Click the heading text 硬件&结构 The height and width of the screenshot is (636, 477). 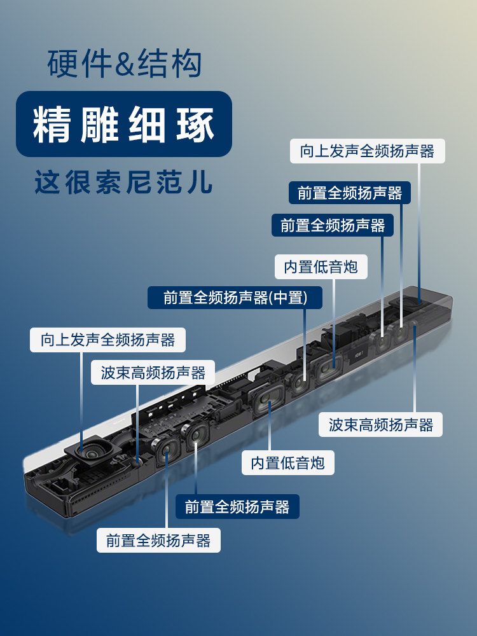[x=125, y=65]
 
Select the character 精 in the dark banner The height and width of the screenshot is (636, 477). [x=52, y=125]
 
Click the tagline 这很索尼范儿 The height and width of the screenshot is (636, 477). [x=123, y=182]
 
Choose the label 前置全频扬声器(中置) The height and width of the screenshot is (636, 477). [x=235, y=297]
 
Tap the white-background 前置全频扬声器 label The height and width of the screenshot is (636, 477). [x=158, y=541]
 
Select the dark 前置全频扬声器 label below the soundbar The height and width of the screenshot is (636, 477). [x=237, y=506]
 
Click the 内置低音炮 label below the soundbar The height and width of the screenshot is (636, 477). [x=287, y=462]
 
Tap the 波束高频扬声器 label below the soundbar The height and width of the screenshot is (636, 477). [x=381, y=424]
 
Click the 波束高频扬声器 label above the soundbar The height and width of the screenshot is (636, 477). [x=153, y=373]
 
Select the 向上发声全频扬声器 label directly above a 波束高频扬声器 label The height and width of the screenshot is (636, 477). [x=107, y=340]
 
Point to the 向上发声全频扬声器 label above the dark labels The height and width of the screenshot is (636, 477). [x=367, y=151]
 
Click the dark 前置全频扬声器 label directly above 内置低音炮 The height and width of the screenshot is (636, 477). [x=333, y=225]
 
